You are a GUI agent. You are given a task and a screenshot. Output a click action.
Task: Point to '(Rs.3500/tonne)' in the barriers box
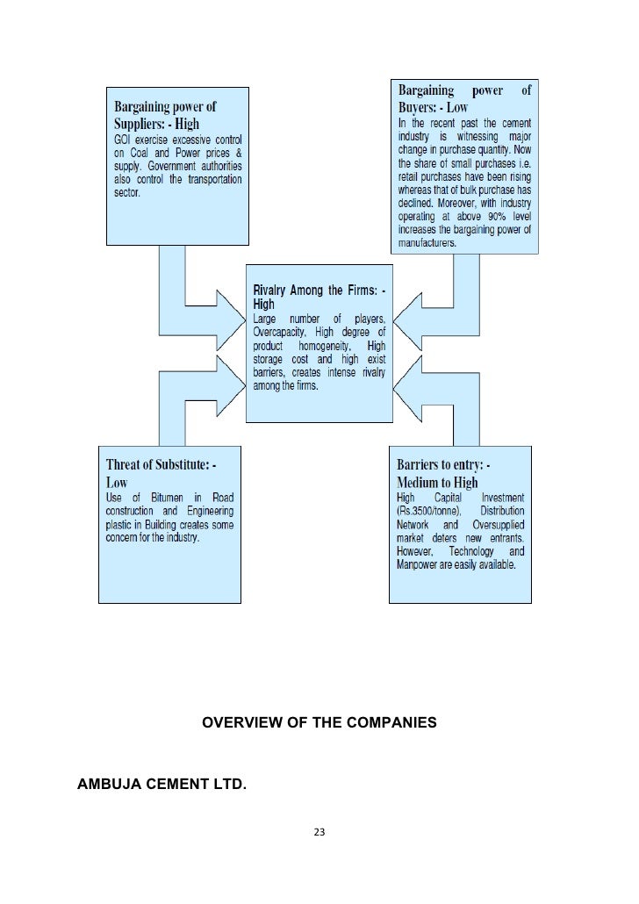click(x=430, y=512)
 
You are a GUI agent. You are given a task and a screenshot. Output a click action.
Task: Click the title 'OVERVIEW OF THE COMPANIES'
click(x=319, y=724)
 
